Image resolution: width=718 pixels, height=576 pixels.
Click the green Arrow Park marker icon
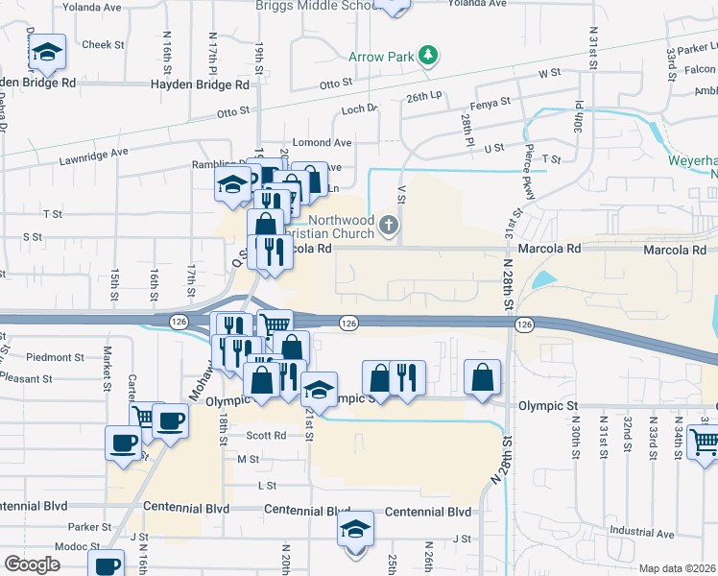(429, 55)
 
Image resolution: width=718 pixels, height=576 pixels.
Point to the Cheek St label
(104, 44)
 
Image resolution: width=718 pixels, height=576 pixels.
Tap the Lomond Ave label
(323, 142)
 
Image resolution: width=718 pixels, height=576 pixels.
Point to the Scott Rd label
(266, 435)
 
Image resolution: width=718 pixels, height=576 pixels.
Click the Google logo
(32, 564)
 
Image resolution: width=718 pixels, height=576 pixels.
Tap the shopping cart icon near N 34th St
(705, 442)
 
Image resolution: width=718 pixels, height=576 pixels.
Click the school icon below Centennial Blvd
(355, 528)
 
